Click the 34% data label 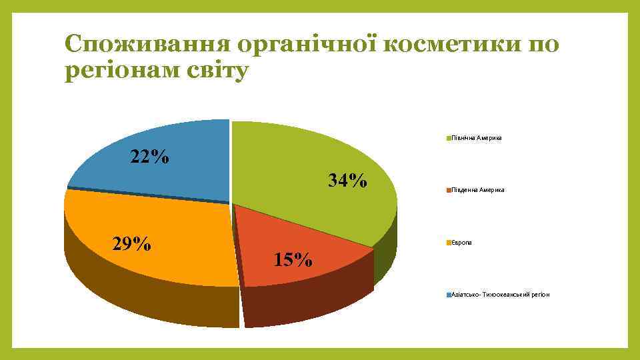click(347, 180)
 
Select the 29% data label click(131, 244)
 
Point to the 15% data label click(293, 259)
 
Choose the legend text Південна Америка click(478, 190)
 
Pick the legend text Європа click(461, 242)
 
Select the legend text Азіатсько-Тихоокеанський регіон click(500, 294)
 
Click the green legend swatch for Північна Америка click(449, 138)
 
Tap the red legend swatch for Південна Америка click(449, 190)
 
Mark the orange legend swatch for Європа click(449, 242)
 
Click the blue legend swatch click(449, 294)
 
